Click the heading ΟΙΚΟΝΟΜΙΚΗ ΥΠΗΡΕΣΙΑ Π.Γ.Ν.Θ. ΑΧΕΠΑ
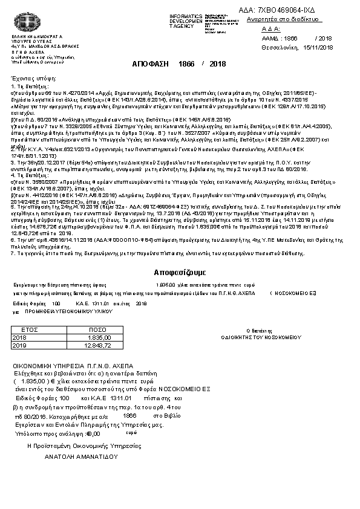pos(74,366)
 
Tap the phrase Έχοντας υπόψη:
pos(30,79)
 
